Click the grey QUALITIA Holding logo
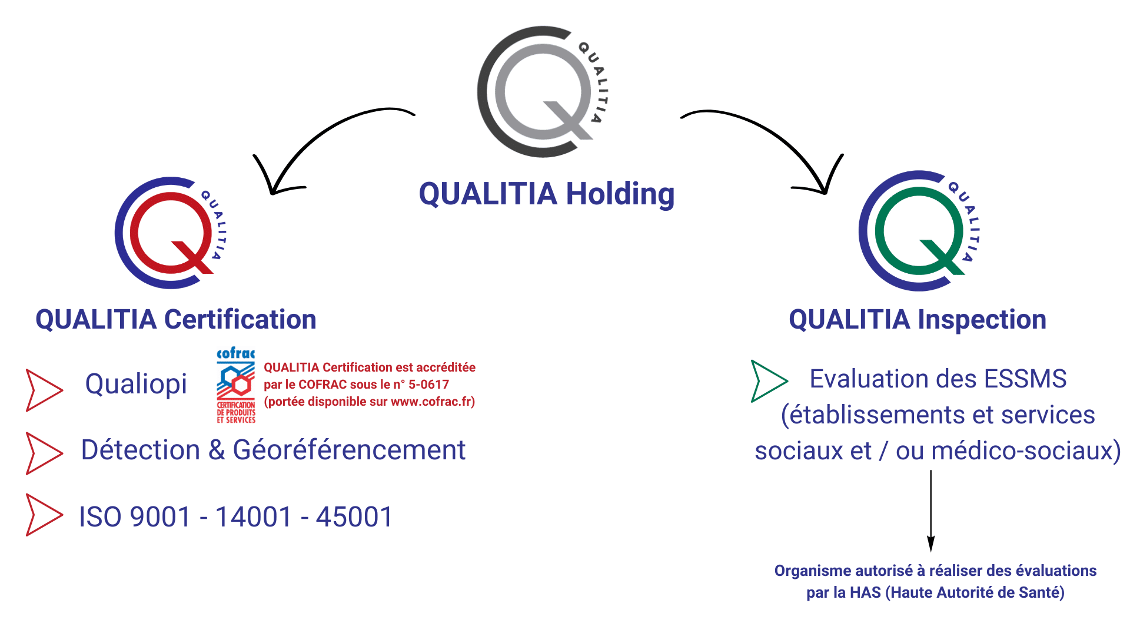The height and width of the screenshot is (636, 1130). click(x=541, y=92)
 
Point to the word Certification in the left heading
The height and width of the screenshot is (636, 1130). click(x=240, y=320)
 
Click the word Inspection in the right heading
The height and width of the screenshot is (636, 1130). click(x=982, y=320)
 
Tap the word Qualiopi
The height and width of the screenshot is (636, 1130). click(x=136, y=385)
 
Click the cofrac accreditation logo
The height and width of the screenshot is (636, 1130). click(x=236, y=385)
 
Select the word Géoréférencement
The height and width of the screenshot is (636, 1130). click(x=349, y=450)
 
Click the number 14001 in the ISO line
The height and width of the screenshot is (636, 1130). click(x=254, y=518)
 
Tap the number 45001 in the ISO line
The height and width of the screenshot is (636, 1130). click(x=354, y=518)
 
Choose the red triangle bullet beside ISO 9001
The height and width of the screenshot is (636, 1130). click(x=42, y=515)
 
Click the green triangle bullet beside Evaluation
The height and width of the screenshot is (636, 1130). click(x=767, y=381)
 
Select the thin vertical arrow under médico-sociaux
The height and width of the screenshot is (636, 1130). click(x=930, y=510)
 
